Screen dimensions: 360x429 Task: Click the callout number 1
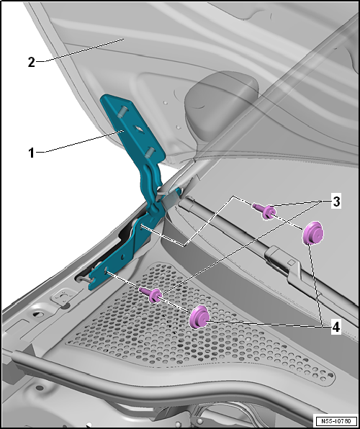tap(32, 153)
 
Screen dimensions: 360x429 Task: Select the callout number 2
tap(32, 63)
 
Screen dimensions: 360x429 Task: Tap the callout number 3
tap(336, 202)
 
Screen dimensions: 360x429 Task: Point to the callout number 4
tap(336, 328)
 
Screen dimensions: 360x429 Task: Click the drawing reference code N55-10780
tap(336, 420)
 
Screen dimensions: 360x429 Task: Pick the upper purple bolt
tap(264, 211)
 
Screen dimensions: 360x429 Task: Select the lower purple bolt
tap(151, 294)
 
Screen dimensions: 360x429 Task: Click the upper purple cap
tap(312, 233)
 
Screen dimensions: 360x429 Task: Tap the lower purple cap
tap(199, 317)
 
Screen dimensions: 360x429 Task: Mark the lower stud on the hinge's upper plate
tap(150, 152)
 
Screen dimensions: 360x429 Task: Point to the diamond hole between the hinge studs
tap(138, 128)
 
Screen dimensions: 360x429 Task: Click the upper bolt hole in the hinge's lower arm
tap(140, 226)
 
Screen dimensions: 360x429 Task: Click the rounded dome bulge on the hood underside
tap(221, 104)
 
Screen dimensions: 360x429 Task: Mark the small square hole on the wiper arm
tap(292, 263)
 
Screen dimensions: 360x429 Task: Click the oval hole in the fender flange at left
tap(39, 315)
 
